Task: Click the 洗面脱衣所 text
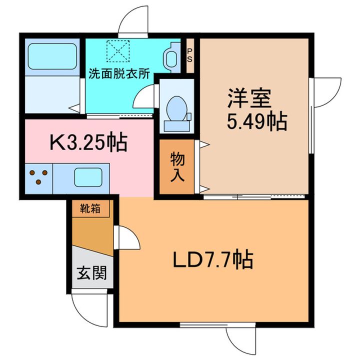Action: (x=119, y=74)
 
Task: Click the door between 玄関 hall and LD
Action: (x=127, y=237)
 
